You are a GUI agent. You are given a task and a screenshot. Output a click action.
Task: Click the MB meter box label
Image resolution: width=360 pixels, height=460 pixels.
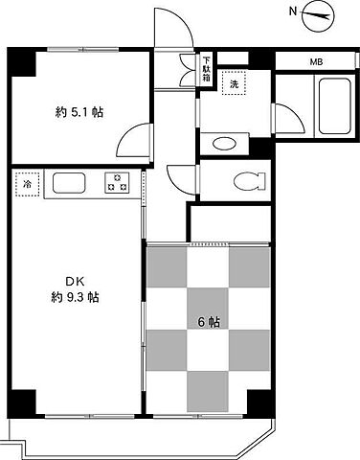click(x=316, y=62)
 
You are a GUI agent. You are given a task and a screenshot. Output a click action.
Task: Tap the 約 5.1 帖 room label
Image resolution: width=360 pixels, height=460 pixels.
click(x=79, y=112)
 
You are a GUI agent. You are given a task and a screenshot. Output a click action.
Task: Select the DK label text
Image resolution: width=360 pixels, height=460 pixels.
click(x=75, y=282)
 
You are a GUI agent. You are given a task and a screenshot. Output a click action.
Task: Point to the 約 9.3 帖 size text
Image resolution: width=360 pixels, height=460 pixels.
click(x=75, y=298)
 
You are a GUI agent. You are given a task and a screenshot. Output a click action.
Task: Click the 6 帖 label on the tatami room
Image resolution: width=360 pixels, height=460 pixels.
click(x=209, y=322)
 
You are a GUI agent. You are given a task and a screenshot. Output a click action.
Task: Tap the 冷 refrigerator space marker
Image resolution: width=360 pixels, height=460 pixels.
click(x=28, y=184)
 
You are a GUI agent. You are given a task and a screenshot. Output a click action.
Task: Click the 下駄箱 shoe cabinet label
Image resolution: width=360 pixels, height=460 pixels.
click(x=207, y=69)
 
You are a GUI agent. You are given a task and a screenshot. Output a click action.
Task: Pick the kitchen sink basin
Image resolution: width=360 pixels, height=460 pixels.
click(x=69, y=183)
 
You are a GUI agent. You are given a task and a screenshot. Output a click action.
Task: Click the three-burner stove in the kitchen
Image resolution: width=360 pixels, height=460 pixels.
click(x=117, y=183)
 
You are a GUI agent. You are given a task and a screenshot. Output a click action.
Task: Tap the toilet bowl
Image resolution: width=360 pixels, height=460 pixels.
click(x=249, y=181)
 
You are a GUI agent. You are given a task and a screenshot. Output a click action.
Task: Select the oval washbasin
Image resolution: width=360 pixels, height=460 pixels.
click(x=224, y=144)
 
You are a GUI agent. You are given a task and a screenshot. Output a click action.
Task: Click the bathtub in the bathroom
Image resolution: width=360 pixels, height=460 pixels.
click(x=335, y=105)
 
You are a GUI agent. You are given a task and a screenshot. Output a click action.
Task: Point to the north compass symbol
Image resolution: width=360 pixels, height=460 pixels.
click(x=317, y=16)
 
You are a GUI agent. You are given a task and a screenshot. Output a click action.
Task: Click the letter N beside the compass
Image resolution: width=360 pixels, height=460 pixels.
click(x=293, y=11)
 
